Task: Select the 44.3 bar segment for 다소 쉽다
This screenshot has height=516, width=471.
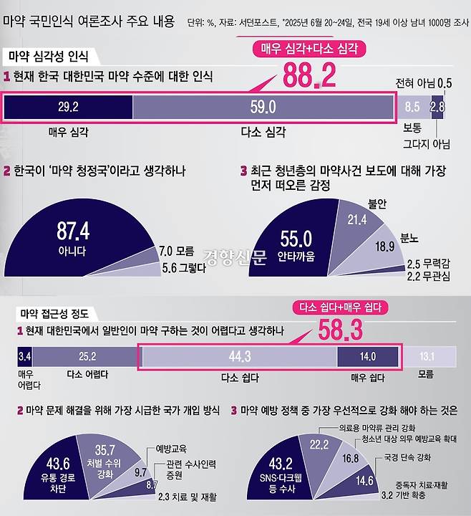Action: (238, 356)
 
